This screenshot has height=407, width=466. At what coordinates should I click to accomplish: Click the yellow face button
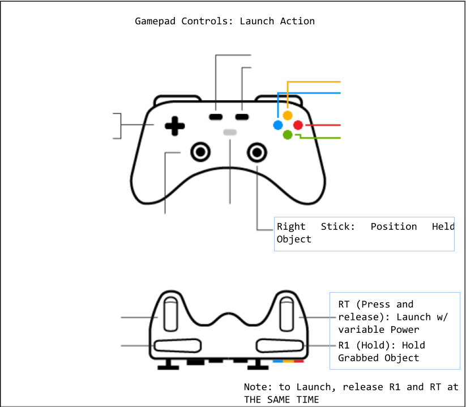(x=288, y=115)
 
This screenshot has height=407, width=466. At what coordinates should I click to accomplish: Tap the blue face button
(x=278, y=125)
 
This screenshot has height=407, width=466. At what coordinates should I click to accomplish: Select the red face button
(x=298, y=125)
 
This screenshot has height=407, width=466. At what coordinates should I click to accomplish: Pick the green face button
(x=288, y=135)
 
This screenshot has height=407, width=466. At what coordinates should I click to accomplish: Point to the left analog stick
(x=199, y=151)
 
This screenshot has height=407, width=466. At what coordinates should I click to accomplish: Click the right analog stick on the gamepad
(x=257, y=151)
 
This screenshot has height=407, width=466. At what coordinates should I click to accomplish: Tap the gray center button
(x=230, y=132)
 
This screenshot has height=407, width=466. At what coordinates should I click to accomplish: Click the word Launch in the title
(x=258, y=22)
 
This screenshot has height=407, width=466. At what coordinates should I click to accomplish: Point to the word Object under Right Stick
(x=294, y=239)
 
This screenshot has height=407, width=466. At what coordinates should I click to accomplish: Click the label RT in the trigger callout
(x=344, y=305)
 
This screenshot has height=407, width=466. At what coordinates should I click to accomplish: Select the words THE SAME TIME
(x=281, y=400)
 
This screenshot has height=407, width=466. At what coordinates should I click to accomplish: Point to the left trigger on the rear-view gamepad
(x=170, y=316)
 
